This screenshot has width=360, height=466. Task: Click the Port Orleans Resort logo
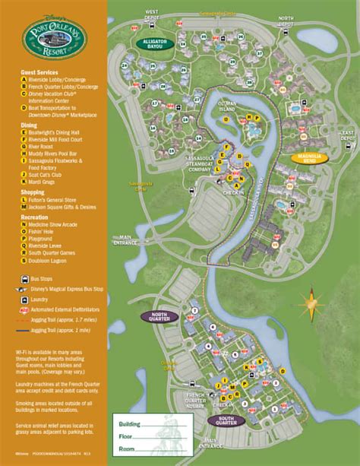[51, 37]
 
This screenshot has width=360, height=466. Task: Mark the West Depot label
[152, 13]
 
